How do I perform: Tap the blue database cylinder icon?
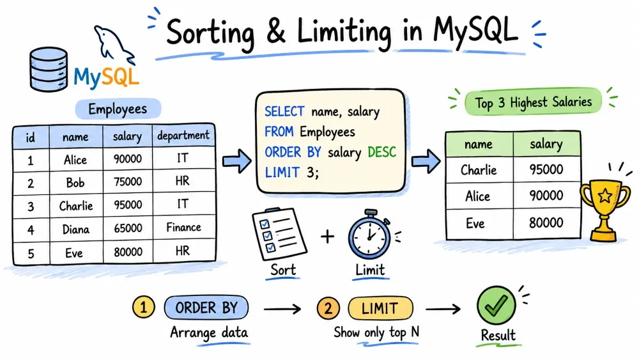49,69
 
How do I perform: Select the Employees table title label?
118,109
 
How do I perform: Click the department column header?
183,136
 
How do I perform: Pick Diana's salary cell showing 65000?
128,228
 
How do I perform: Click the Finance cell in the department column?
183,227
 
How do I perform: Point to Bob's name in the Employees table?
75,182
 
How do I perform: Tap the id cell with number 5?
31,254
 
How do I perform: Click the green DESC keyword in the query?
382,152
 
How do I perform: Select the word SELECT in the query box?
284,111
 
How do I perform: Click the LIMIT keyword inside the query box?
282,173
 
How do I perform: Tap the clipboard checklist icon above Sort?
279,233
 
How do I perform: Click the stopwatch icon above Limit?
369,235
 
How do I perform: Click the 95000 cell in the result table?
546,169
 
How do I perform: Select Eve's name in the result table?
475,223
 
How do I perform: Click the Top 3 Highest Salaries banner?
533,102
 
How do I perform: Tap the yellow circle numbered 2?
328,308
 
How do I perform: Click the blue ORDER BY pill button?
206,308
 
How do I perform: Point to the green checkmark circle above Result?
496,305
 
